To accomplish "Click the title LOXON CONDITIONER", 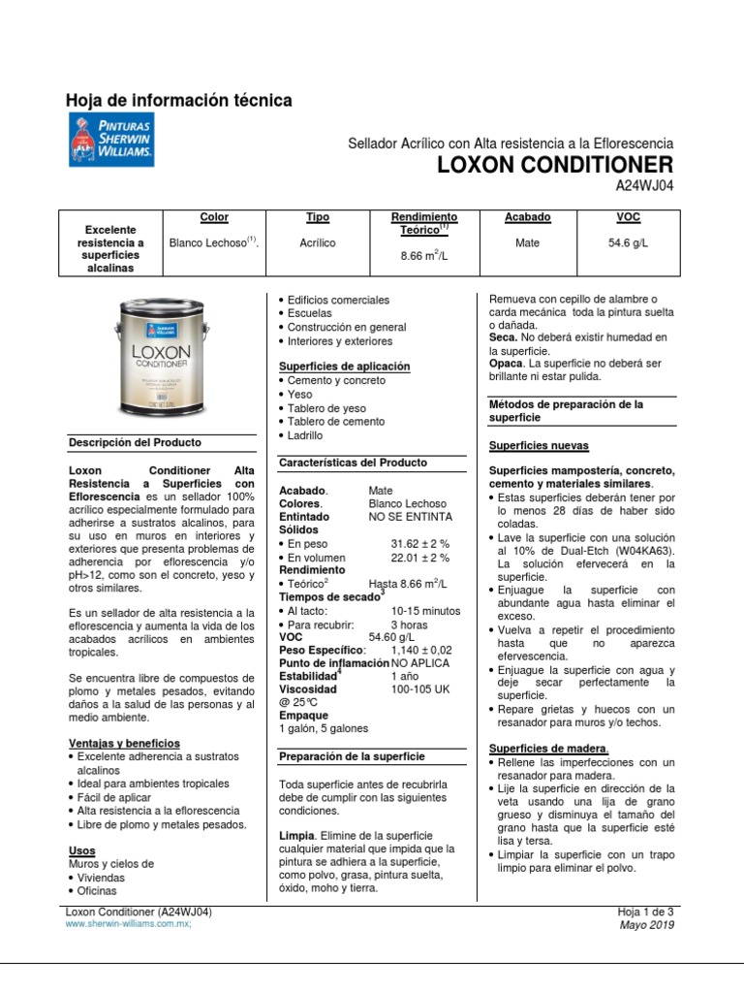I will (555, 163).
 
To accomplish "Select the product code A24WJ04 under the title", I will (644, 185).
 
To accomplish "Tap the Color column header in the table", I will (213, 218).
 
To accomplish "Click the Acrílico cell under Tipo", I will (318, 243).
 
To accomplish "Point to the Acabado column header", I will (527, 218).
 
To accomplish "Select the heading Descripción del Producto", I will (135, 442).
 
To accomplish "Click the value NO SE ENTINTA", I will (410, 518).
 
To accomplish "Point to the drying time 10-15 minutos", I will (425, 611).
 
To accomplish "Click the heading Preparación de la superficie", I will (352, 755).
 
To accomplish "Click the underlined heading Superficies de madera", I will (548, 749).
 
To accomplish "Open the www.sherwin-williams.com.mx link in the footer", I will (128, 925).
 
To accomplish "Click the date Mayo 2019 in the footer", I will (645, 925).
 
